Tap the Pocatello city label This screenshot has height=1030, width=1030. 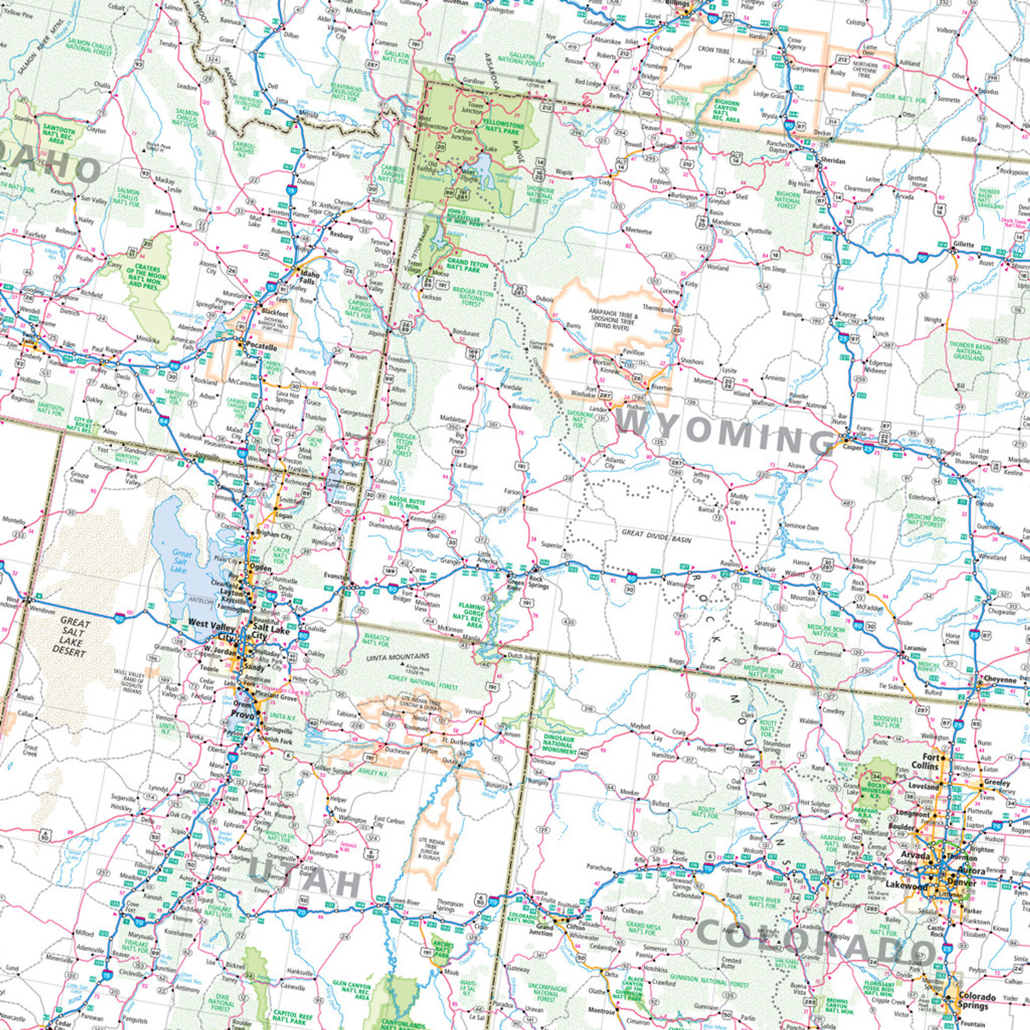tap(261, 347)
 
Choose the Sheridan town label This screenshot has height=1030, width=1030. tap(831, 160)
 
